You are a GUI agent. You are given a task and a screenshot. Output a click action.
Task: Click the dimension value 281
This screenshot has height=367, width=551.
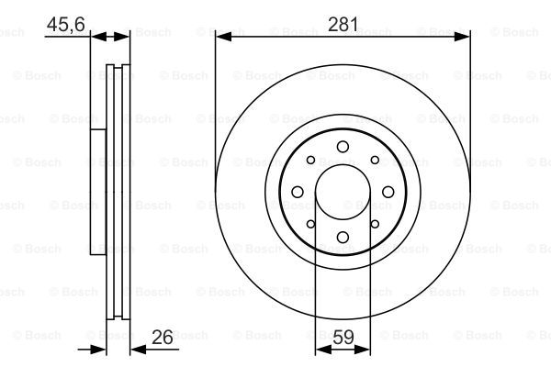click(343, 24)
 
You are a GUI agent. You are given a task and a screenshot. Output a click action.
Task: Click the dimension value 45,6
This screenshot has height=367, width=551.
click(66, 24)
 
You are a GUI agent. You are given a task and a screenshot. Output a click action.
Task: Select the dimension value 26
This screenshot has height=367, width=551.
click(163, 337)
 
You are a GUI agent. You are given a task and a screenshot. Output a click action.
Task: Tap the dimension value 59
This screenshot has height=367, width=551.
click(343, 337)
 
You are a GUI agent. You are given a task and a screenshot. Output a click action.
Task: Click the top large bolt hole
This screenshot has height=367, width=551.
click(343, 147)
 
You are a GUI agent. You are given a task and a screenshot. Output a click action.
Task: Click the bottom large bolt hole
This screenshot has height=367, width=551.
click(343, 237)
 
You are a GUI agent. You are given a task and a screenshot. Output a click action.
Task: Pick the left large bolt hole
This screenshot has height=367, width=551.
click(298, 192)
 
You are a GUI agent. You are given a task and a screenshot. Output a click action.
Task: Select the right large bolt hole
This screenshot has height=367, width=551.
click(388, 192)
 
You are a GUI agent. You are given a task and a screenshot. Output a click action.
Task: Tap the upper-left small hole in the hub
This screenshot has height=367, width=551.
click(310, 161)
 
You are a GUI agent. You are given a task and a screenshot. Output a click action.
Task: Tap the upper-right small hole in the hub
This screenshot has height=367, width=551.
click(375, 161)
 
